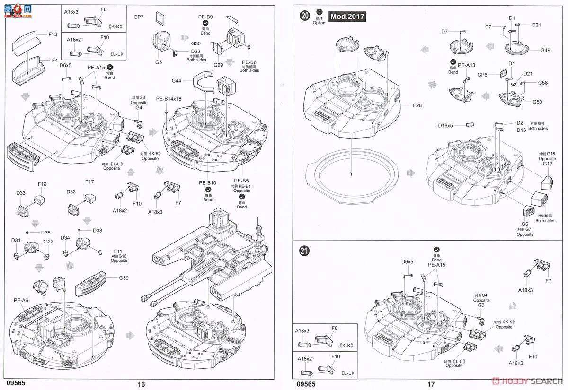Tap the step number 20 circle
click(305, 16)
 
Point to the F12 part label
click(53, 35)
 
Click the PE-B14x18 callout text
click(169, 99)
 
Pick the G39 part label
click(124, 278)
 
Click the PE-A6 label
click(21, 300)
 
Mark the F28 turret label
click(417, 105)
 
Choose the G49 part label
click(545, 50)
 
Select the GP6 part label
click(482, 75)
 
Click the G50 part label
click(537, 102)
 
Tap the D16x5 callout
click(445, 126)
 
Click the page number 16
click(141, 384)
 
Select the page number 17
click(430, 384)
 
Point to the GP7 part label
click(138, 17)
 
